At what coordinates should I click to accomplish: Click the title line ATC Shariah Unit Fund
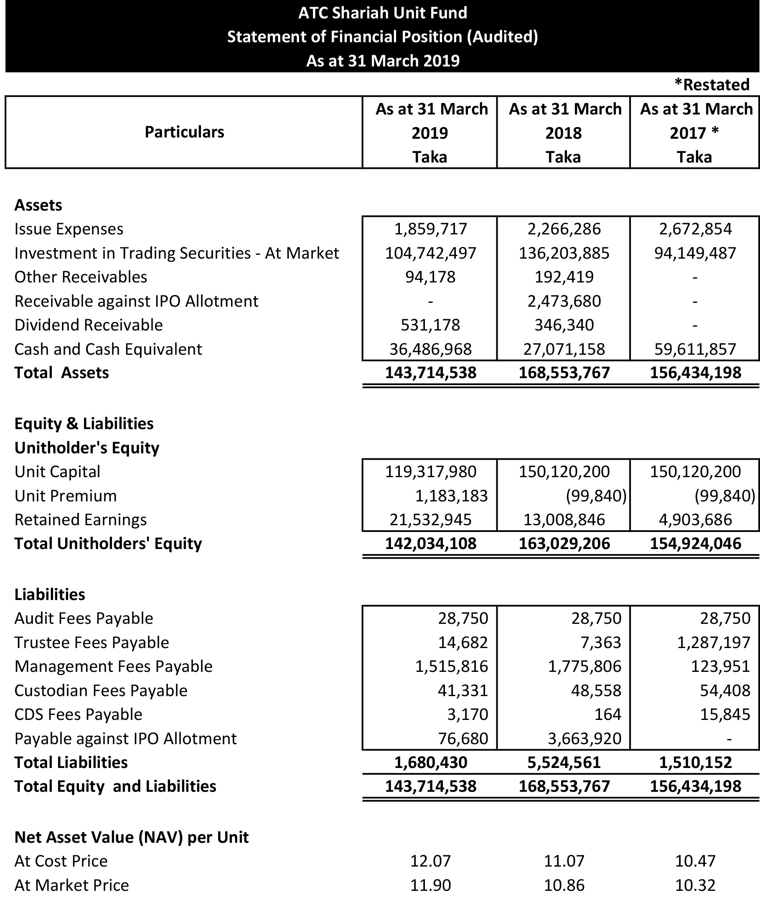[x=383, y=13]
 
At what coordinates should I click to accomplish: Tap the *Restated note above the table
[x=712, y=84]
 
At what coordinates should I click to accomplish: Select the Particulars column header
[x=184, y=132]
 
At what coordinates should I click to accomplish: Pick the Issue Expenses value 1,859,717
[x=430, y=229]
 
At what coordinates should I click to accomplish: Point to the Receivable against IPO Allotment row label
[x=136, y=301]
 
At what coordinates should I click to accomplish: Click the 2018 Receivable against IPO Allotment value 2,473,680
[x=564, y=301]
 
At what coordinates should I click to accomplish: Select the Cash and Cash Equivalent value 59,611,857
[x=695, y=349]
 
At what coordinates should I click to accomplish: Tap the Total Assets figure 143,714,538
[x=430, y=373]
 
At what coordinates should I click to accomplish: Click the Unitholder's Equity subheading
[x=86, y=447]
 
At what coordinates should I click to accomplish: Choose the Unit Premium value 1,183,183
[x=451, y=496]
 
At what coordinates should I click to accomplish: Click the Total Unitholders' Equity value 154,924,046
[x=695, y=544]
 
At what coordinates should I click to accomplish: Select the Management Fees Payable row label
[x=113, y=666]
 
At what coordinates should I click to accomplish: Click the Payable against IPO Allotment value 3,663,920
[x=584, y=738]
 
